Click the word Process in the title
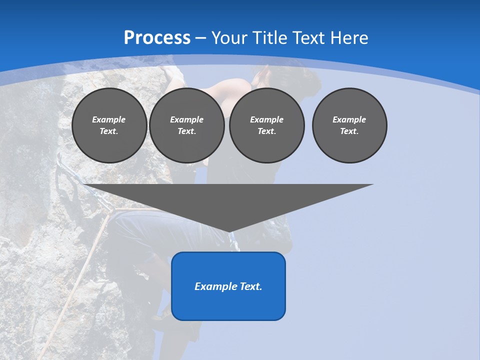point(157,38)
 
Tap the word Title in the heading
point(272,38)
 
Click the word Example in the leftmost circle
point(109,119)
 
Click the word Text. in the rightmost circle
point(349,131)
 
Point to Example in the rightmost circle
point(349,119)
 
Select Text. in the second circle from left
point(186,131)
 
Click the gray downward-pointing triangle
point(228,200)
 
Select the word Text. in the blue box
point(251,286)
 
